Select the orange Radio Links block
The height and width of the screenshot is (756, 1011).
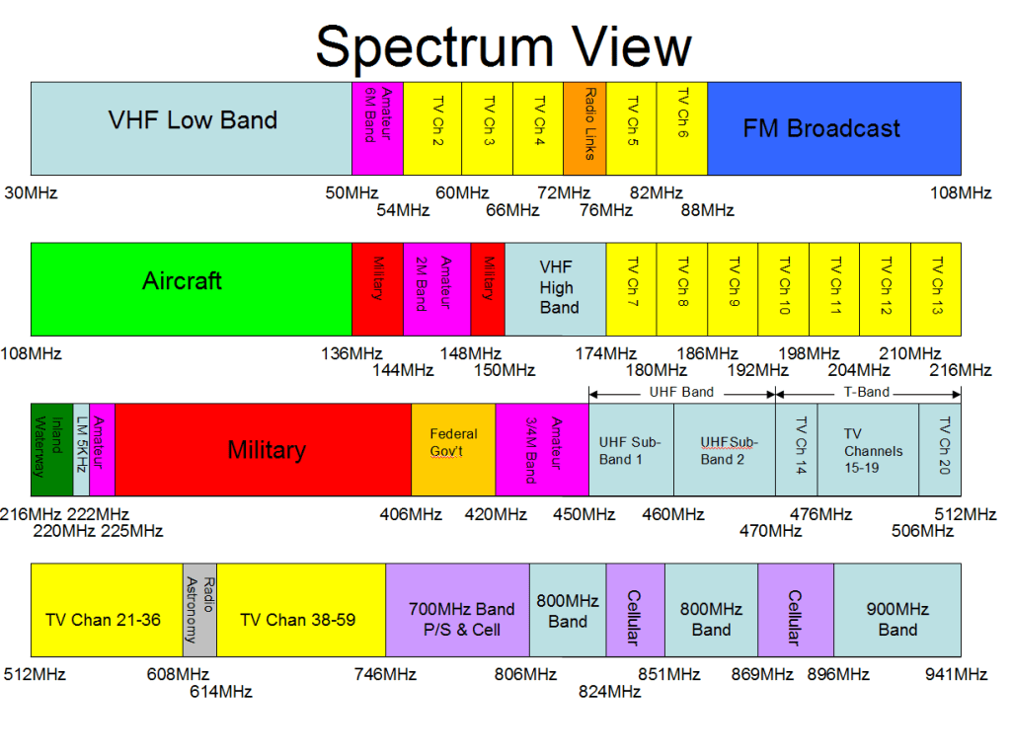click(x=584, y=128)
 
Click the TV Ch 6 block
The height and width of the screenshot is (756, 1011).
click(x=682, y=128)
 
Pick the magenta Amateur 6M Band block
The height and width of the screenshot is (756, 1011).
click(x=377, y=128)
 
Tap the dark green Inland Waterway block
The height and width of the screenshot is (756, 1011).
click(x=51, y=449)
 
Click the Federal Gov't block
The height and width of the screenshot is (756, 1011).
click(x=453, y=449)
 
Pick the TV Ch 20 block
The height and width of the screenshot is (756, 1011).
click(x=940, y=449)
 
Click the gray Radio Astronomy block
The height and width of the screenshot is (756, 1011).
click(x=199, y=610)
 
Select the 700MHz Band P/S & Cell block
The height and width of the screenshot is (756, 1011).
click(x=457, y=619)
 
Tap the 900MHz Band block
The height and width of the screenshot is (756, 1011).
click(x=897, y=619)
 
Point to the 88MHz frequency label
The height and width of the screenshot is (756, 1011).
click(x=709, y=209)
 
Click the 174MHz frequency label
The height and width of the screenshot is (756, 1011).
click(x=606, y=353)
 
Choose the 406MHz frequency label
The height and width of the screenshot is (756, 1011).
click(x=411, y=514)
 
